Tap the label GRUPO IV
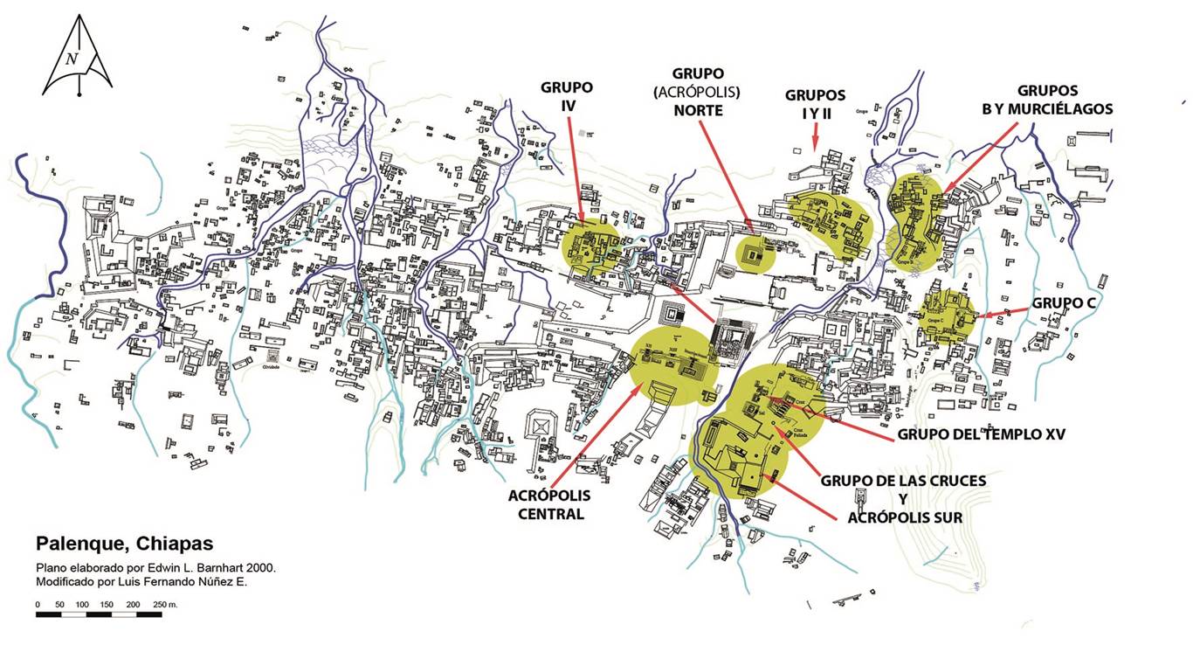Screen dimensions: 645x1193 tap(567, 96)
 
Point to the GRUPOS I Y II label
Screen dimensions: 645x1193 tap(815, 102)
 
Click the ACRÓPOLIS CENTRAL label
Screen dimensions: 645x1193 tap(549, 504)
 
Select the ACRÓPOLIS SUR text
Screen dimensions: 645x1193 tap(905, 517)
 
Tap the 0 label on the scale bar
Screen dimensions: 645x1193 tap(38, 605)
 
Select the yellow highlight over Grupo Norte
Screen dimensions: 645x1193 tap(754, 253)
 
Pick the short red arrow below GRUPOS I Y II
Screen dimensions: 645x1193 tap(814, 135)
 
